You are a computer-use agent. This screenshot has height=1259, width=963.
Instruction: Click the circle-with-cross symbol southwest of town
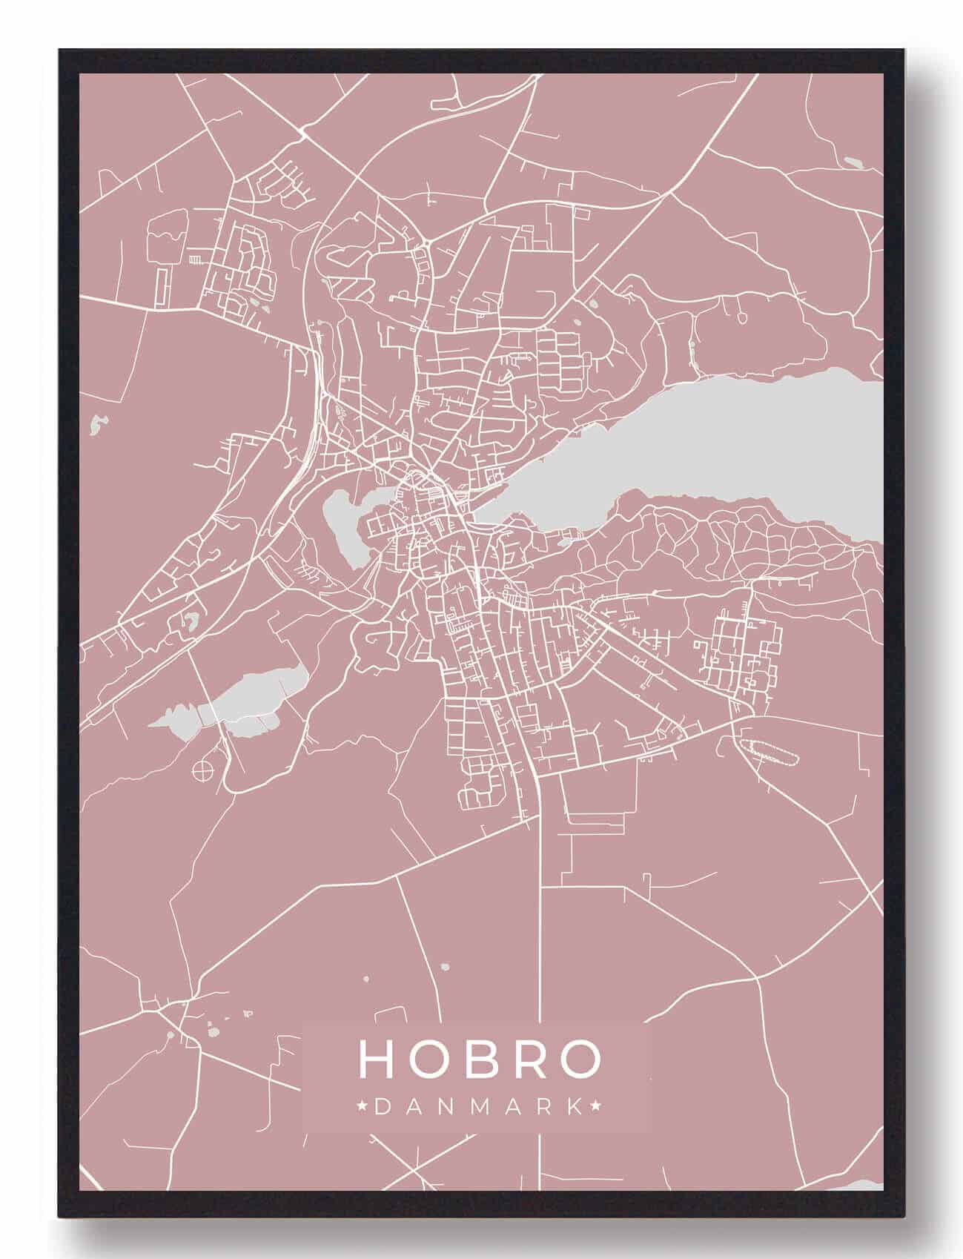(202, 771)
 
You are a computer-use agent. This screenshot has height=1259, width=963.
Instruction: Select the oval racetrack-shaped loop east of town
(768, 752)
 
